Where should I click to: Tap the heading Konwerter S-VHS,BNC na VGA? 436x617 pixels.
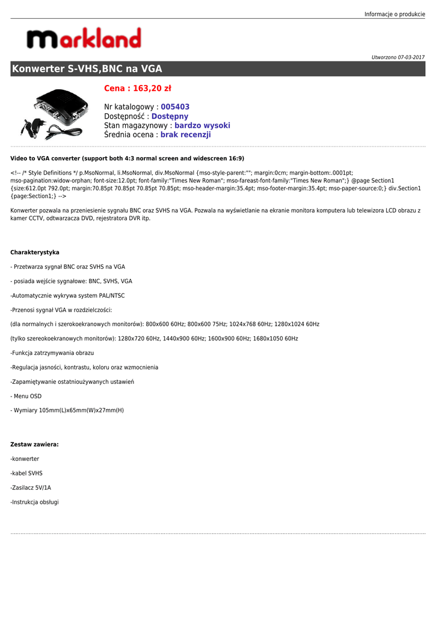(x=87, y=69)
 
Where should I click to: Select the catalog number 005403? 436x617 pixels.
(x=175, y=107)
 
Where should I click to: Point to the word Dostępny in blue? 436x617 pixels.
(x=170, y=116)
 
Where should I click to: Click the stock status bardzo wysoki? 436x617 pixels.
(x=202, y=125)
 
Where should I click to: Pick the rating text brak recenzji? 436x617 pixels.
(x=185, y=135)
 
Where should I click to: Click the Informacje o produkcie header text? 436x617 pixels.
(x=395, y=14)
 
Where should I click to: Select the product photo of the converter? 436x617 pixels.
(x=55, y=113)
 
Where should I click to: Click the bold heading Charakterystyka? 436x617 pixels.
(x=35, y=252)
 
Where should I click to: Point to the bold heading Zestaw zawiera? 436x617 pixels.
(x=34, y=445)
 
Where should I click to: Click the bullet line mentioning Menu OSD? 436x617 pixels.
(x=26, y=396)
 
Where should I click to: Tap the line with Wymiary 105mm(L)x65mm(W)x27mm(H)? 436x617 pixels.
(x=67, y=410)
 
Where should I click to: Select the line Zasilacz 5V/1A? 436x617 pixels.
(x=31, y=487)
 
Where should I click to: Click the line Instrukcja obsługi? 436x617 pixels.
(x=34, y=502)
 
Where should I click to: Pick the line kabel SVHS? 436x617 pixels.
(x=26, y=474)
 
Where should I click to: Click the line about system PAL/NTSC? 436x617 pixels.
(x=67, y=296)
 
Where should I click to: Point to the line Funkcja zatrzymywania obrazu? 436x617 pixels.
(x=52, y=353)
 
